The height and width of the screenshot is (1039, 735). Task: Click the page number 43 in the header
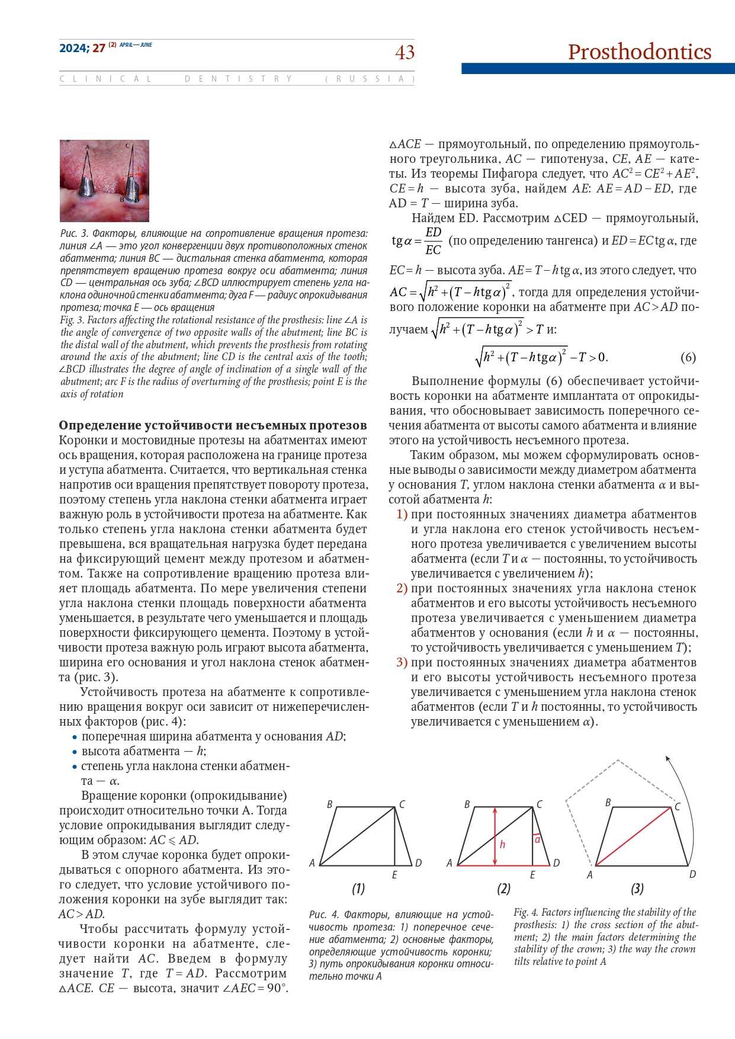tap(405, 53)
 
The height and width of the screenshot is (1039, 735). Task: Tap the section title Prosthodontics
tap(639, 52)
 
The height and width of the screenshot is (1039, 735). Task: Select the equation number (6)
tap(688, 357)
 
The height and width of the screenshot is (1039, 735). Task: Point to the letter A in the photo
tap(87, 147)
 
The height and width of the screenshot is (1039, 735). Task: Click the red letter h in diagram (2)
tap(502, 844)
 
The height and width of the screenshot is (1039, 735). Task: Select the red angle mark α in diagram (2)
tap(537, 839)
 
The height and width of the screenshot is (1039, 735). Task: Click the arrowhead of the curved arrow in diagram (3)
tap(667, 758)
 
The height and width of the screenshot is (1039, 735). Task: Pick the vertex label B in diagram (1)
tap(330, 804)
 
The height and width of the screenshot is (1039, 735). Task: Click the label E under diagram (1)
tap(394, 875)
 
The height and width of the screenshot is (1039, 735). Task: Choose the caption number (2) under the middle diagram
tap(503, 889)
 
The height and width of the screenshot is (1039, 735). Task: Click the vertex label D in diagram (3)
tap(692, 874)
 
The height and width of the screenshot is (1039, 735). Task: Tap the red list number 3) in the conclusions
tap(402, 662)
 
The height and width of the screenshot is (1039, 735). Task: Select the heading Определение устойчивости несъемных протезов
tap(213, 425)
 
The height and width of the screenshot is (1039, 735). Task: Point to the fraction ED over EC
tap(433, 240)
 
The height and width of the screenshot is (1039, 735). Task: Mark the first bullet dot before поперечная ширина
tap(75, 737)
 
